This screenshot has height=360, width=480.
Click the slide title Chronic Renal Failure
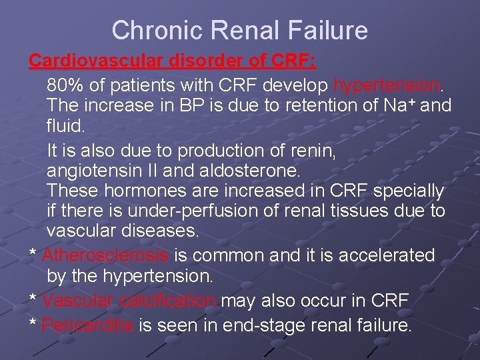click(x=239, y=30)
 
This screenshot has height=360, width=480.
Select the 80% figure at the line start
click(x=65, y=86)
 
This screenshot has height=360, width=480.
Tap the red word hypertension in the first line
click(x=386, y=86)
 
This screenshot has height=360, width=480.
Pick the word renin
click(x=313, y=151)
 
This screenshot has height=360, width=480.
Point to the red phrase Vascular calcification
click(x=129, y=301)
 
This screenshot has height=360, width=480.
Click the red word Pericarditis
click(x=87, y=326)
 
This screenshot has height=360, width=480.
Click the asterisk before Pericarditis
click(x=31, y=326)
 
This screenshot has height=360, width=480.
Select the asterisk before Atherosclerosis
click(x=31, y=256)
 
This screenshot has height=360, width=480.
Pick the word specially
click(x=409, y=191)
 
